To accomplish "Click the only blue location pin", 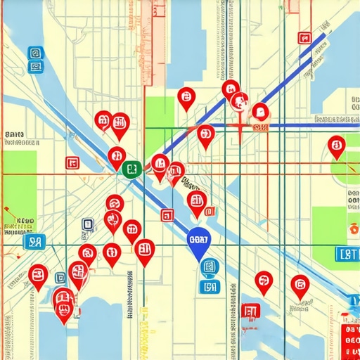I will (200, 242).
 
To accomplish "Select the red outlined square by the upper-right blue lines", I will (304, 38).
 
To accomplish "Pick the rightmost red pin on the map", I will (337, 146).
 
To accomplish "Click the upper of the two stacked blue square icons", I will (34, 53).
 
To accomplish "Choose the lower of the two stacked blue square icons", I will (34, 67).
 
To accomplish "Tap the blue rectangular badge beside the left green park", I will (33, 243).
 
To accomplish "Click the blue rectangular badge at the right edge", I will (347, 255).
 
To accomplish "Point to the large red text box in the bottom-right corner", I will (349, 342).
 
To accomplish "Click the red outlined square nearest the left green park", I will (72, 163).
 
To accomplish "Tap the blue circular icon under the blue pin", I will (209, 267).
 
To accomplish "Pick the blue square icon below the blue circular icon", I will (209, 285).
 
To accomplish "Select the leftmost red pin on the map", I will (39, 274).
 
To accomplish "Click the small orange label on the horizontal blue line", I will (260, 127).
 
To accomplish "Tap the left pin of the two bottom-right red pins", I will (264, 281).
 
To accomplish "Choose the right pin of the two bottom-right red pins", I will (300, 285).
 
